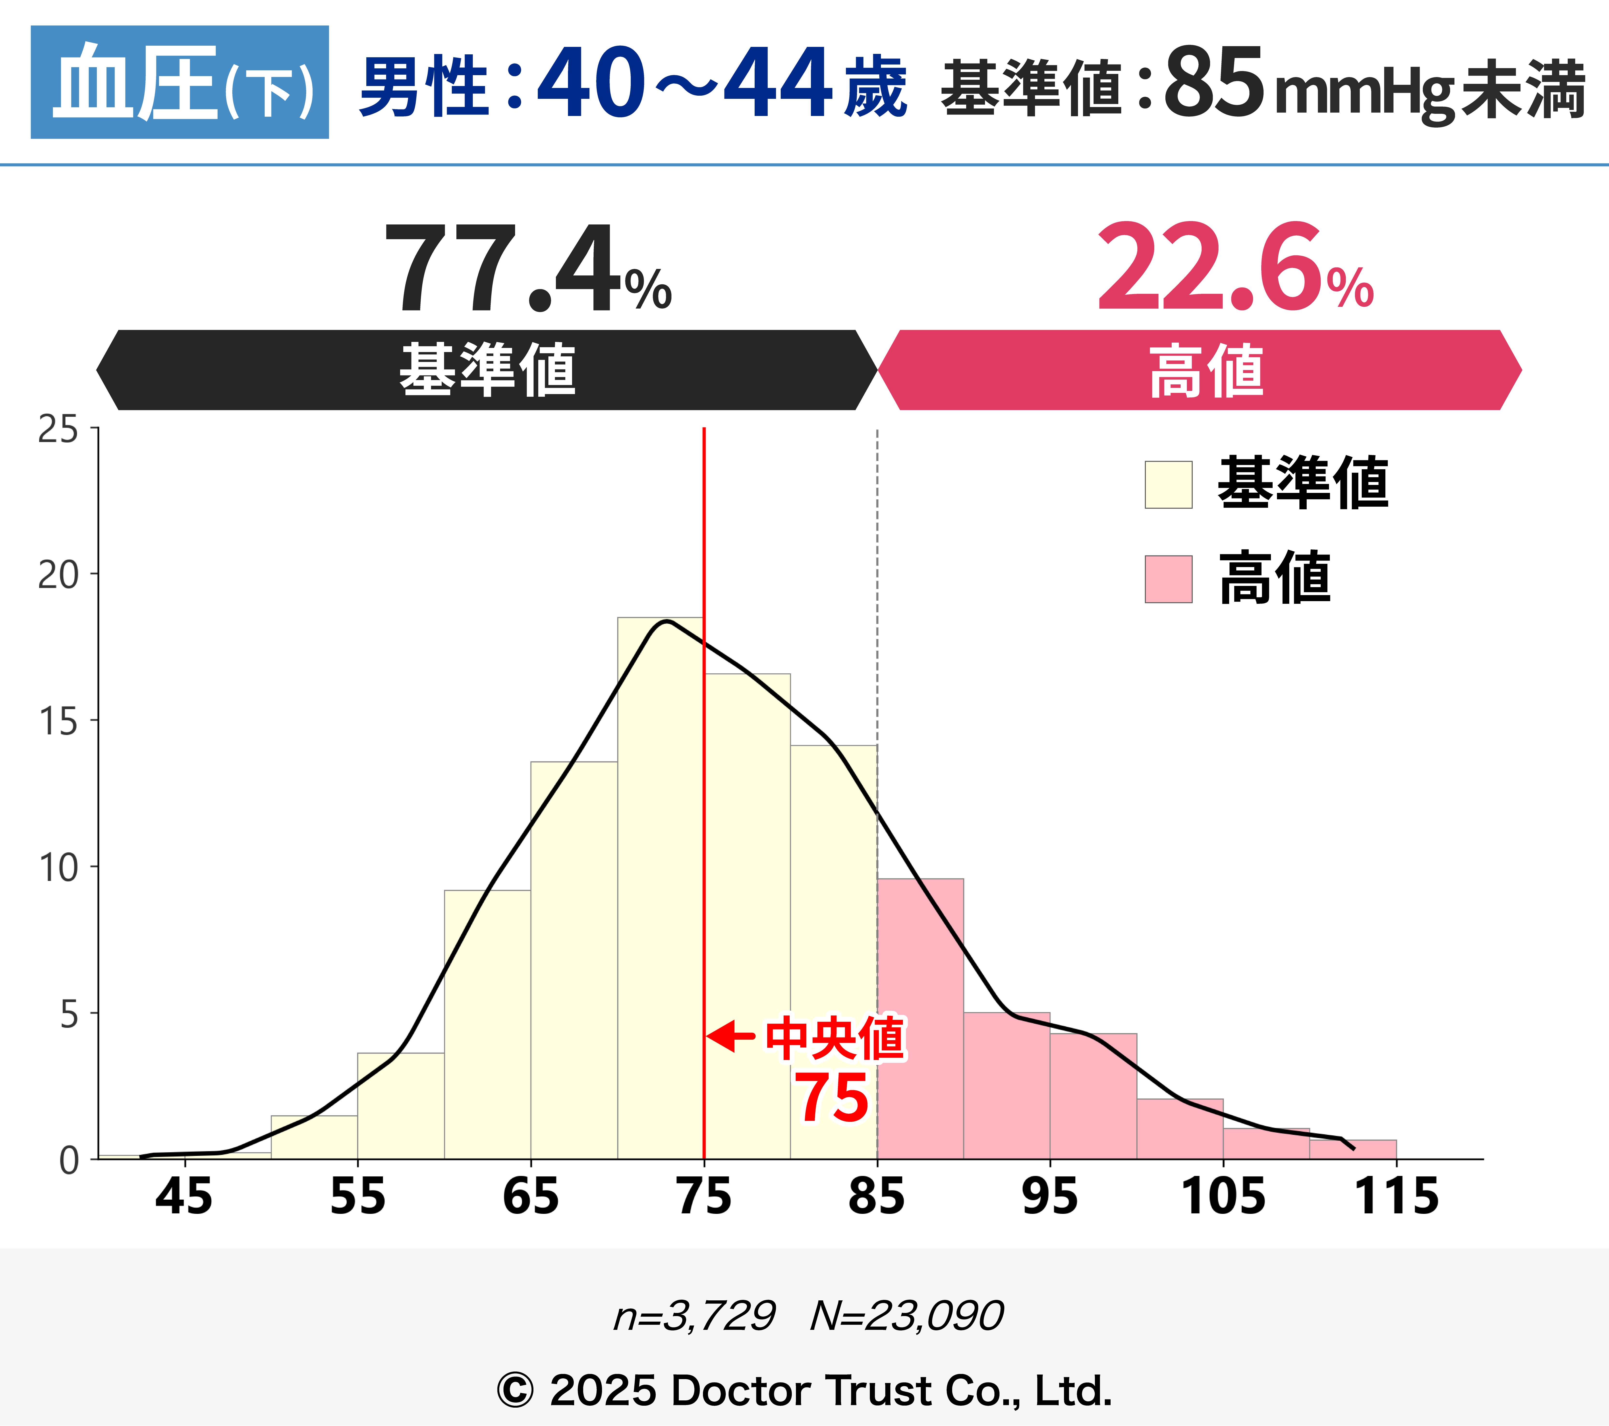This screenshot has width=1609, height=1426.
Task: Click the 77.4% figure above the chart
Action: click(527, 268)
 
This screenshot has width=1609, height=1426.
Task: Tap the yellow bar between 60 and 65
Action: click(487, 1024)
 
